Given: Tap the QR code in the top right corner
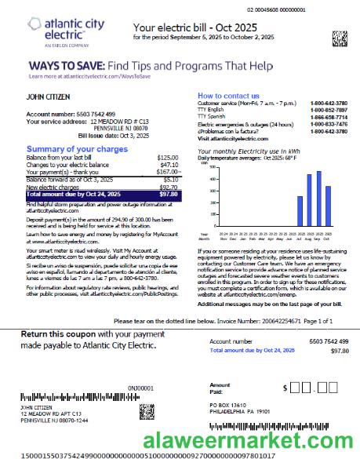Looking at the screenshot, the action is coord(338,37).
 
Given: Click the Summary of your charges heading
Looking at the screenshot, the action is coord(77,148).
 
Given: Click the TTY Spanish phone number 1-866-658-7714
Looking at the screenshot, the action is coord(329,116).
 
